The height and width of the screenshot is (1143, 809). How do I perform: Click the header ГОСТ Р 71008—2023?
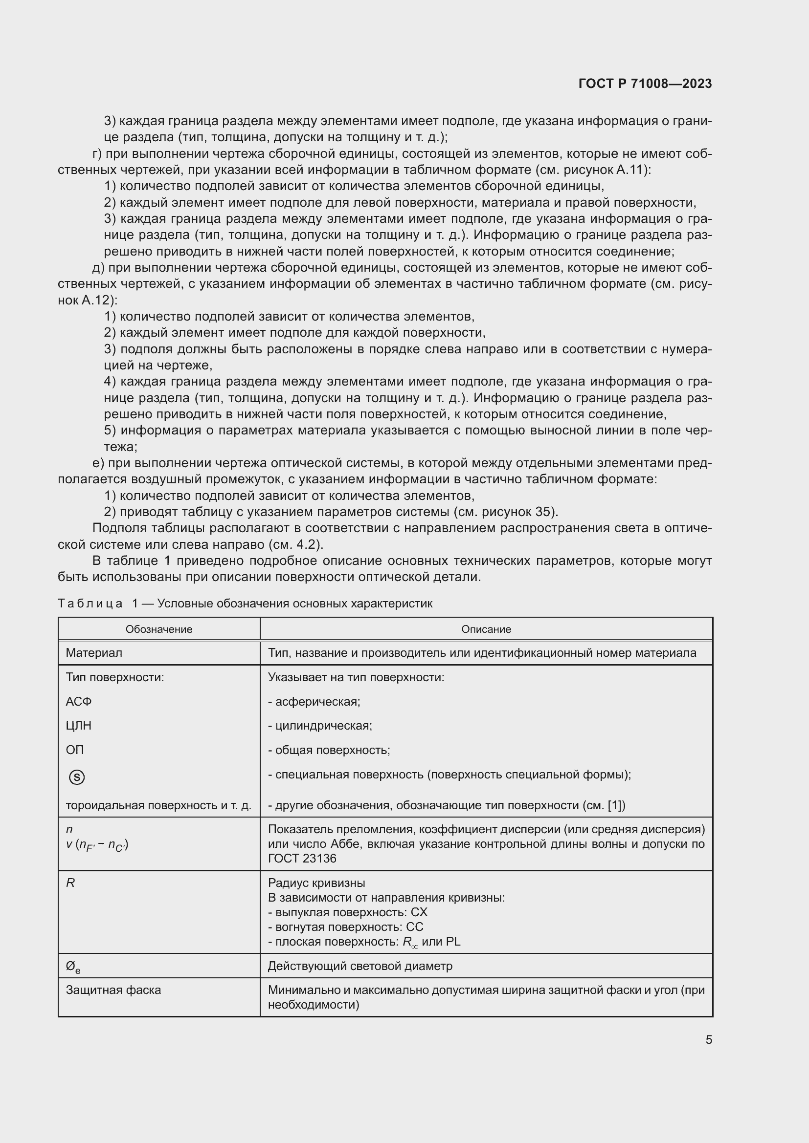click(645, 84)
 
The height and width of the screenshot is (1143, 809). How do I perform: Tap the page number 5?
click(708, 1039)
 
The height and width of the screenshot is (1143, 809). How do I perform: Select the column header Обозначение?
click(159, 629)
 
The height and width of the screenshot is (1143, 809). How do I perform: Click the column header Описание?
click(486, 629)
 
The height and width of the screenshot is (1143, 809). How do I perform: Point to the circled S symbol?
click(77, 777)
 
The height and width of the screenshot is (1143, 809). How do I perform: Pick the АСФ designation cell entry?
click(79, 701)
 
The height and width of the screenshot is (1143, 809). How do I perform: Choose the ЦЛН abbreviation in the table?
click(79, 725)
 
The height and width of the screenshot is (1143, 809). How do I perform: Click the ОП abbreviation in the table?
click(75, 750)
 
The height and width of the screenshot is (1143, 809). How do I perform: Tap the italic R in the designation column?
click(70, 883)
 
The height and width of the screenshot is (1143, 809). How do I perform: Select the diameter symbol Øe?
click(73, 967)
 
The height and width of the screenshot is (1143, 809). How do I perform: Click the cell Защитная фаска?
click(113, 990)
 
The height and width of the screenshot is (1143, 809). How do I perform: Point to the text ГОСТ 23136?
click(302, 858)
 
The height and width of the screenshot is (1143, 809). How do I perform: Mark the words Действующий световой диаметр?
click(360, 966)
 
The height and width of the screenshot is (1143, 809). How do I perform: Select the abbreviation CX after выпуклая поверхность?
click(419, 912)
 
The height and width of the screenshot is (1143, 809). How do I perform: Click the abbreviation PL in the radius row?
click(453, 941)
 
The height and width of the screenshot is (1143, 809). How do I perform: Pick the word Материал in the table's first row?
click(93, 653)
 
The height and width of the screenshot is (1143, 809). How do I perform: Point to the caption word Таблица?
click(90, 604)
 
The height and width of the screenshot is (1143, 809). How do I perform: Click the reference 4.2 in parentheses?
click(308, 544)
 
